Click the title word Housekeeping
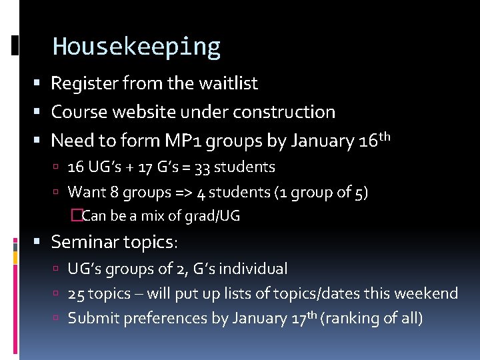[136, 47]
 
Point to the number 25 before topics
[76, 294]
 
